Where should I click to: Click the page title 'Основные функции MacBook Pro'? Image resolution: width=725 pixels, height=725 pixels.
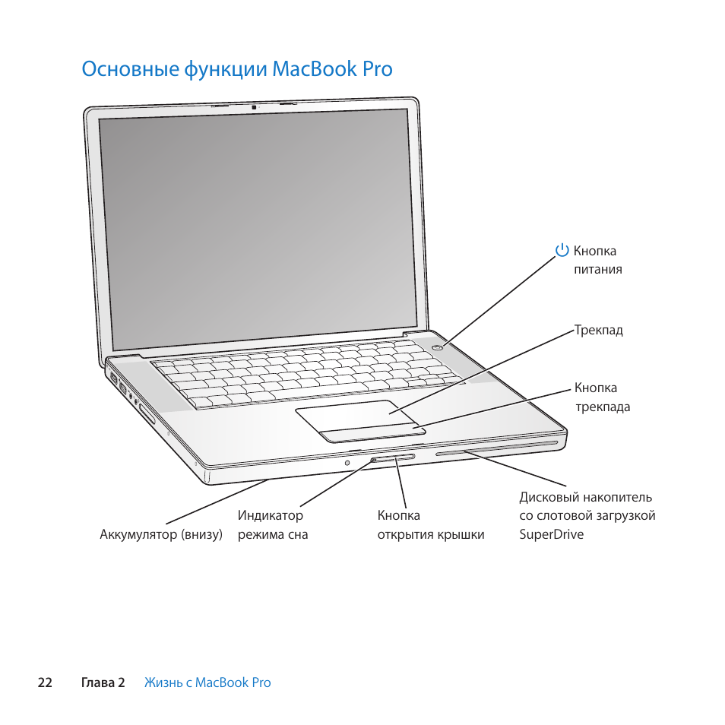[x=237, y=69]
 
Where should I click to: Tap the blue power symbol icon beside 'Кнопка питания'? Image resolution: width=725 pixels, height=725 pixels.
[x=562, y=251]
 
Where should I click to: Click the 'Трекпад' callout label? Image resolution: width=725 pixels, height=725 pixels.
[x=599, y=331]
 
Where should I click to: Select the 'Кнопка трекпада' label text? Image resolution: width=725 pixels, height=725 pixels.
[x=602, y=397]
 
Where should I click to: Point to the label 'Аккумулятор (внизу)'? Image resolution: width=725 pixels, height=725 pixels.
[x=161, y=534]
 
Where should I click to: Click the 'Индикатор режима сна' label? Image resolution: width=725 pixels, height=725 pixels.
[x=272, y=525]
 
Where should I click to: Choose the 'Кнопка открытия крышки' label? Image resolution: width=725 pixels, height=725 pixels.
[x=430, y=525]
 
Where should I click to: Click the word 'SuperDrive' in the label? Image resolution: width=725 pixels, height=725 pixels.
[x=552, y=534]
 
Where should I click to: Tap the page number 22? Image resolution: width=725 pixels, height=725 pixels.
[x=45, y=682]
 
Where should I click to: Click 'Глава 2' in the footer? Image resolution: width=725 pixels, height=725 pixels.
[x=103, y=682]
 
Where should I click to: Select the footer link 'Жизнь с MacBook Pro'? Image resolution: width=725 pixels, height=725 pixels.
[x=207, y=682]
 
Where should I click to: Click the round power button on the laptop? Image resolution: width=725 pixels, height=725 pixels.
[x=438, y=347]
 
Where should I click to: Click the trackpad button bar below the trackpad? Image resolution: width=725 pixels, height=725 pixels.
[x=372, y=434]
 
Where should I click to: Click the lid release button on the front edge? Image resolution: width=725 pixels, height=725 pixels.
[x=394, y=458]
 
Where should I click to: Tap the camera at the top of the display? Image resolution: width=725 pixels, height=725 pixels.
[x=255, y=106]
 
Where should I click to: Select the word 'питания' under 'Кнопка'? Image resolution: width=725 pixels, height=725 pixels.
[x=598, y=269]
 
